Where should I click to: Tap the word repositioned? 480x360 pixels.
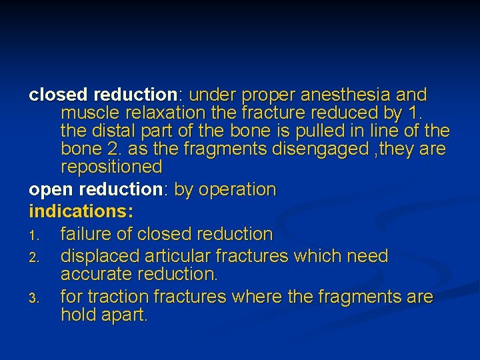pos(111,167)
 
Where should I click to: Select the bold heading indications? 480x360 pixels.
pos(81,212)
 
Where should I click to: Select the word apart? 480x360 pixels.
pos(124,315)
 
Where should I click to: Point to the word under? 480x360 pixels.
pos(212,95)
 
